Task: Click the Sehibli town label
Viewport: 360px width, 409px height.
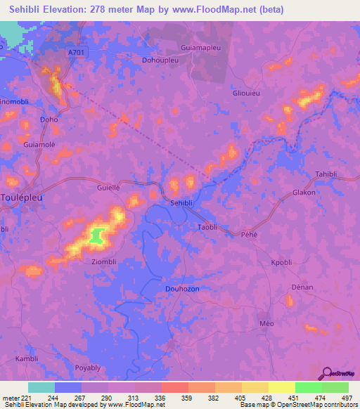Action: pyautogui.click(x=182, y=202)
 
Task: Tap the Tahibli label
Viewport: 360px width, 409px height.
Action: pyautogui.click(x=328, y=174)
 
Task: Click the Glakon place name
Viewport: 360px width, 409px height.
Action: pyautogui.click(x=304, y=192)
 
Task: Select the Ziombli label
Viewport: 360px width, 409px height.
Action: pyautogui.click(x=103, y=261)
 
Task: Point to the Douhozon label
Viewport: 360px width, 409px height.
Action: pyautogui.click(x=183, y=288)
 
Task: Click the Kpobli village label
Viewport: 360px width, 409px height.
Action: pyautogui.click(x=281, y=263)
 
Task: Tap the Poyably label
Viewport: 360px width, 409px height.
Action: pyautogui.click(x=88, y=368)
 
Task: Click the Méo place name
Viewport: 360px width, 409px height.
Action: pyautogui.click(x=266, y=323)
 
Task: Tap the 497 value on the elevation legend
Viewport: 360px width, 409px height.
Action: pyautogui.click(x=347, y=397)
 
